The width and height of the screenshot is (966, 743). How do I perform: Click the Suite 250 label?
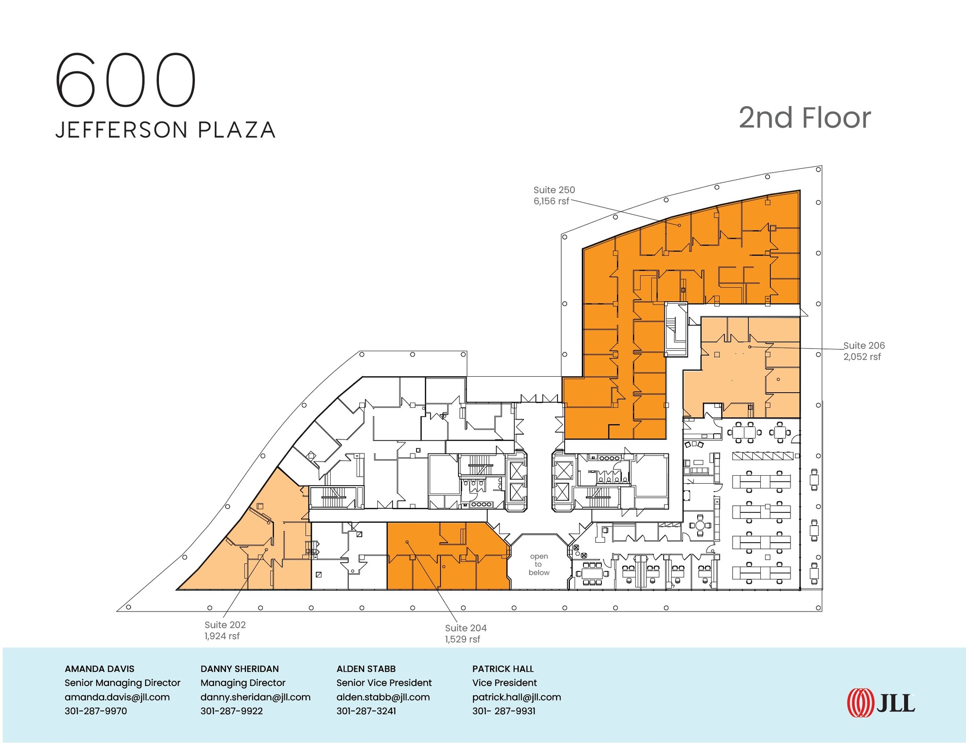point(554,190)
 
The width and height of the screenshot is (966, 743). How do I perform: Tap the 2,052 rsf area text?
point(862,357)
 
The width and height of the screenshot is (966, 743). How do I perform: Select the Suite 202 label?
point(225,625)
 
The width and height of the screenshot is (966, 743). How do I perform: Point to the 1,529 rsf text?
point(462,639)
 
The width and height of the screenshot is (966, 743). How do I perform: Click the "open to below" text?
point(539,564)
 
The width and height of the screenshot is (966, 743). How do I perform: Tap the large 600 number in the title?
point(125,80)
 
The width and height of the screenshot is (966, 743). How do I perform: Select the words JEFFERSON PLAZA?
point(166,130)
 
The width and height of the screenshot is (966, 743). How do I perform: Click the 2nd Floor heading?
point(804,118)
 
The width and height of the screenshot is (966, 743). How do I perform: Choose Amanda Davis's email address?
point(117,697)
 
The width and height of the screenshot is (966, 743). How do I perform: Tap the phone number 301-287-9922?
point(232,711)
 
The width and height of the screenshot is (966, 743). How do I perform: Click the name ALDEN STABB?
point(366,669)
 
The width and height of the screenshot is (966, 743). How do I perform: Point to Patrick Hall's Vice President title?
point(504,683)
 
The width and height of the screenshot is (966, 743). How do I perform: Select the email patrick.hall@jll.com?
point(516,697)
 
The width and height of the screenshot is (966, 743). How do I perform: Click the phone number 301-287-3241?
point(366,711)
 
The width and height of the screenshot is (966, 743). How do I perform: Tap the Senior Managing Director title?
point(123,683)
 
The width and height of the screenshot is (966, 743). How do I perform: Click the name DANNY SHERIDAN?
point(240,669)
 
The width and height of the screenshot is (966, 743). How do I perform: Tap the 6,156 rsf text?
point(551,201)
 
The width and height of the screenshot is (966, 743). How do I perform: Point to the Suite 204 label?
point(466,628)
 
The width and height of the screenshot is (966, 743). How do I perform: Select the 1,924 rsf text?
point(222,636)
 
